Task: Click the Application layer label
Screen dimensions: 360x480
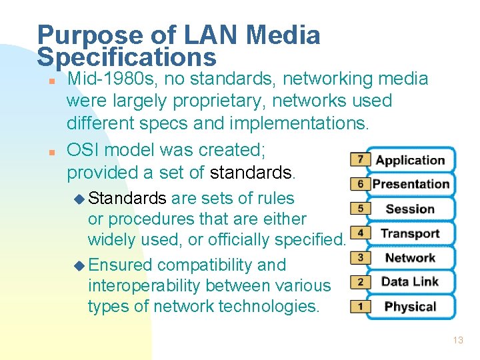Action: (x=410, y=160)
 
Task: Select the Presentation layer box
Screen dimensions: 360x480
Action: (x=411, y=184)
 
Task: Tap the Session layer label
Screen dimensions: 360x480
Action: (x=410, y=209)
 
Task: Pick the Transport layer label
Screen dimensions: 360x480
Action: (x=410, y=233)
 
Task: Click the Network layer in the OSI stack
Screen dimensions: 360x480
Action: (x=410, y=258)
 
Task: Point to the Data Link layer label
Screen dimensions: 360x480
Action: (x=410, y=282)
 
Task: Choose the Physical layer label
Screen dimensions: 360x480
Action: (x=410, y=307)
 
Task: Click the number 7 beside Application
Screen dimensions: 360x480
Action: (x=360, y=159)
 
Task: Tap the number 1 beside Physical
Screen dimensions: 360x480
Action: (x=360, y=306)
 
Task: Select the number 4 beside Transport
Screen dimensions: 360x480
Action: (x=360, y=233)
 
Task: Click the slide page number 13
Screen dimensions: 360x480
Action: (x=457, y=340)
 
